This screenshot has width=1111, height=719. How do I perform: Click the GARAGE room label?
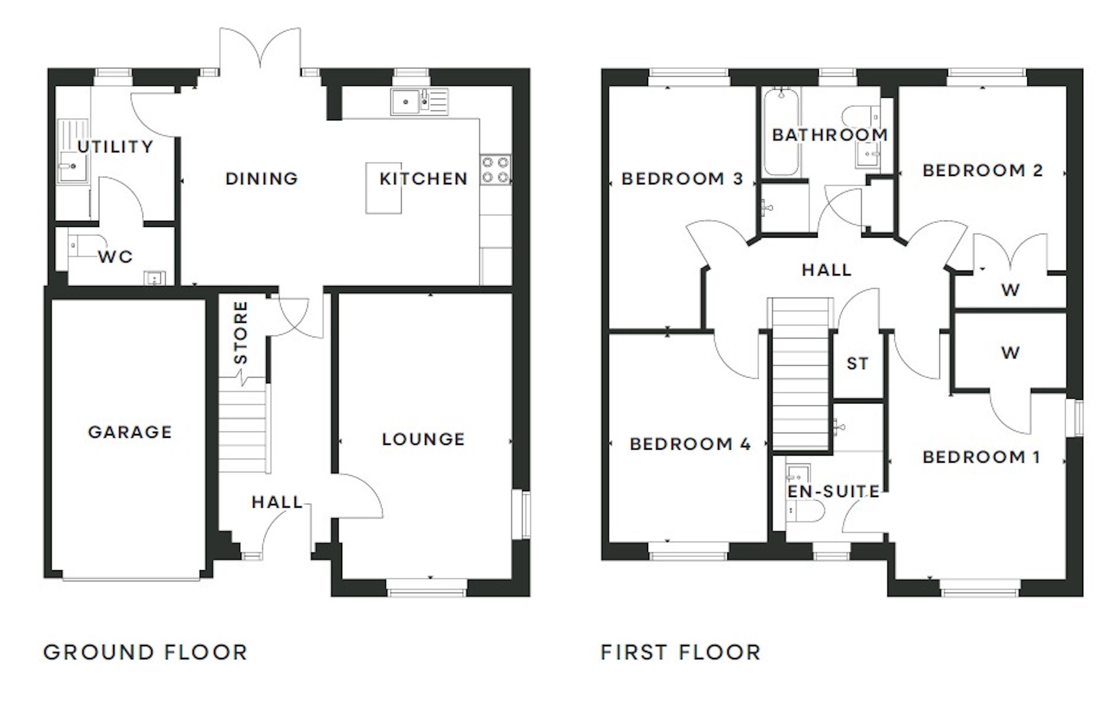click(x=130, y=432)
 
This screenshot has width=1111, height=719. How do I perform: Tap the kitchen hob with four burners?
click(x=495, y=170)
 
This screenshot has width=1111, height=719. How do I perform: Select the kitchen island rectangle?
click(x=383, y=188)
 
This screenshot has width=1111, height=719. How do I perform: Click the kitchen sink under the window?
click(x=419, y=102)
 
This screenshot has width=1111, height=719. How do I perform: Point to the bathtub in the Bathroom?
click(x=781, y=133)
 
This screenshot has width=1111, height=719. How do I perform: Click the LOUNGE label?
click(x=423, y=439)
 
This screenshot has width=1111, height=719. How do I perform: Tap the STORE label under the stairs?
click(x=240, y=332)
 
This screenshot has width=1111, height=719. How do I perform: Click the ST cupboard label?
click(x=858, y=363)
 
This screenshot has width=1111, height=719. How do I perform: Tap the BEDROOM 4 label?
click(x=690, y=444)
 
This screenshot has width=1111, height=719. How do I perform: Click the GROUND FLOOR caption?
click(x=145, y=652)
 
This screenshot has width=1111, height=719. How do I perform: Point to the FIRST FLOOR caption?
click(x=681, y=652)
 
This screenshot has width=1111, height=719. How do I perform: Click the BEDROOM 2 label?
click(x=982, y=170)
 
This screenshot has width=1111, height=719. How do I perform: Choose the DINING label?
click(x=261, y=178)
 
